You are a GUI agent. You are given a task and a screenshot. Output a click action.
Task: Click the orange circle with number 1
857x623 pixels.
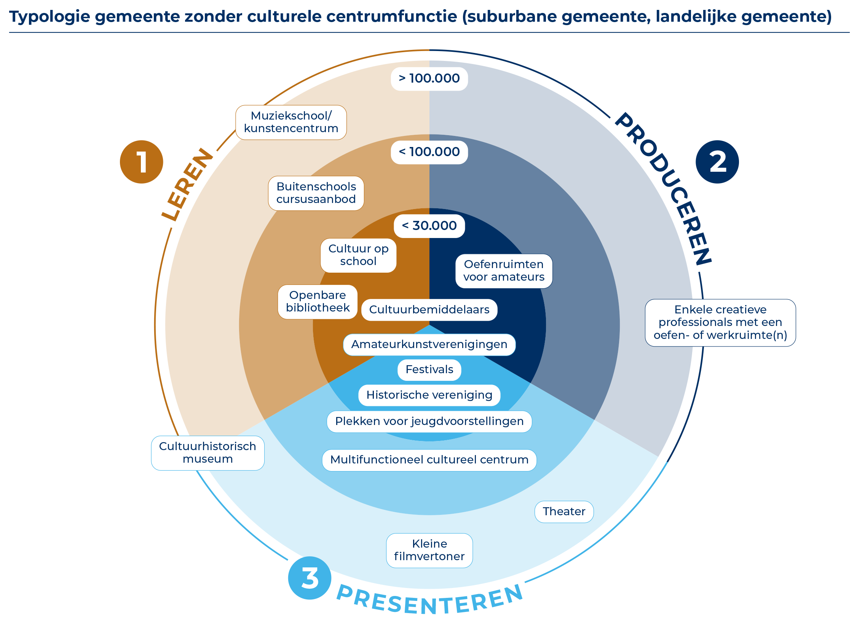click(141, 162)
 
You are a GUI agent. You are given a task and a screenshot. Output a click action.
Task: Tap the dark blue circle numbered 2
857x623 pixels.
click(717, 162)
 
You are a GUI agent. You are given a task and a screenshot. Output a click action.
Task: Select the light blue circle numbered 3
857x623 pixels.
click(310, 578)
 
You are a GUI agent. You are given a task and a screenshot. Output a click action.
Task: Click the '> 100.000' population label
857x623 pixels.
click(429, 79)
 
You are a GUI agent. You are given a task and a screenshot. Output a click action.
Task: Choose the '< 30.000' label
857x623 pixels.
click(429, 226)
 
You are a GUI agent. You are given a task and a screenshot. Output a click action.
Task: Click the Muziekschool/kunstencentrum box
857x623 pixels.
click(291, 122)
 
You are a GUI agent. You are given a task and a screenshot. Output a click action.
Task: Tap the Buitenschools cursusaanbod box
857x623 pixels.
click(316, 193)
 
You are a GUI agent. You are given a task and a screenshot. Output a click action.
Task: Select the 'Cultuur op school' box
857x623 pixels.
click(358, 255)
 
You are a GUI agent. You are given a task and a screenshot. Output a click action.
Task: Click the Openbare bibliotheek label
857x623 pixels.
click(318, 302)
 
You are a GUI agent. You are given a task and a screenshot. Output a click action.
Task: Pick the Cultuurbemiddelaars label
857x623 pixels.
click(429, 310)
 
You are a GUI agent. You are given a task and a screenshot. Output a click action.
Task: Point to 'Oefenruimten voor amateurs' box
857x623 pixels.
click(504, 271)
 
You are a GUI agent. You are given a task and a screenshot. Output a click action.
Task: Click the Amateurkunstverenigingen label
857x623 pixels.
click(429, 345)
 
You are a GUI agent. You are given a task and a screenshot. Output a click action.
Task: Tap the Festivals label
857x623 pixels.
click(429, 370)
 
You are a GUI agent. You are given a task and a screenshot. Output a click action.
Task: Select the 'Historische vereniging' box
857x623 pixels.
click(429, 395)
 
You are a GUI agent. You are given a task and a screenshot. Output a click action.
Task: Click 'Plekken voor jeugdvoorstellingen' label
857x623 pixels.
click(429, 422)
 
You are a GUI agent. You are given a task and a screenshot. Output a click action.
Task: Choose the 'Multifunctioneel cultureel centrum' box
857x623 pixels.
click(429, 460)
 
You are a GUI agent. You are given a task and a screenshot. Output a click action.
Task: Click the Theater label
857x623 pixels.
click(564, 511)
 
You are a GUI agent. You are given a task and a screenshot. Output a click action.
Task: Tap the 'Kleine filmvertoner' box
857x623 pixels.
click(429, 550)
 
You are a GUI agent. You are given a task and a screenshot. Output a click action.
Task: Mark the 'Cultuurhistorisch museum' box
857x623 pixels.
click(207, 453)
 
